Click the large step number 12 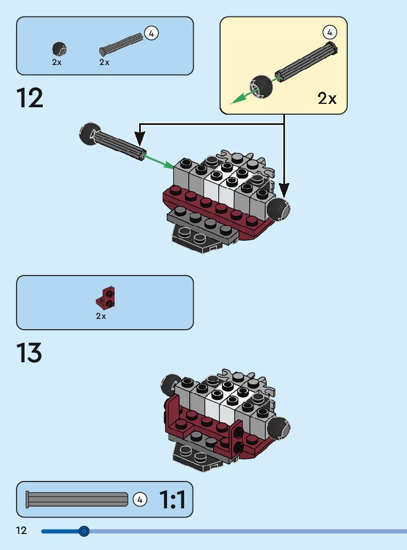[30, 98]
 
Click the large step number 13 [30, 354]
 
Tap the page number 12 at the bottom [21, 531]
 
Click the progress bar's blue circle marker [84, 531]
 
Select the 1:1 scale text [172, 500]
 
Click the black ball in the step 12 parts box [58, 48]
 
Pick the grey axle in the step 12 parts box [121, 44]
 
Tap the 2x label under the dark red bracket [101, 316]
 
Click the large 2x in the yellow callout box [327, 98]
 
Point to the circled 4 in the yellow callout [329, 32]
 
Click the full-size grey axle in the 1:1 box [77, 500]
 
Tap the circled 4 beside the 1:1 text [140, 500]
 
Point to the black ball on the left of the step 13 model [170, 385]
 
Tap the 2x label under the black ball [56, 62]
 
